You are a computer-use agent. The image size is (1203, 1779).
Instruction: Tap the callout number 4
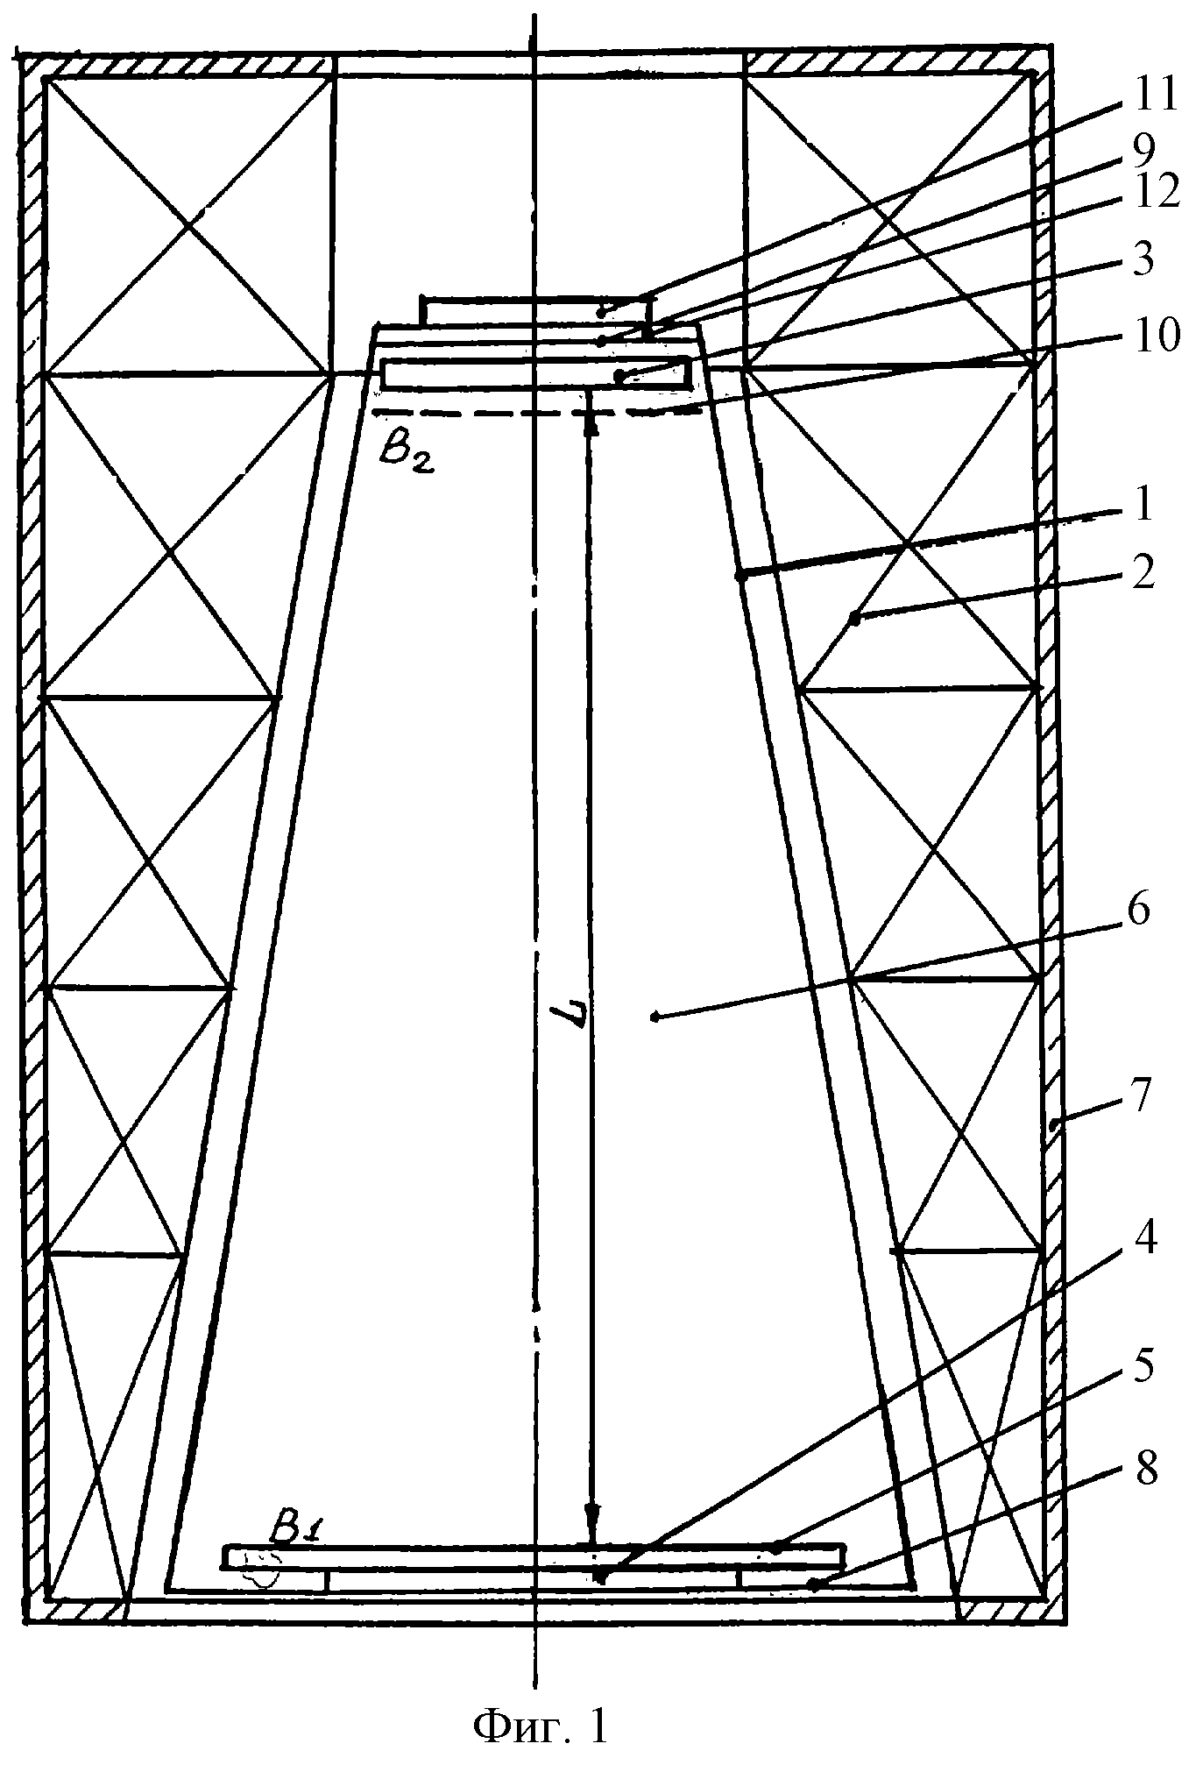1143,1239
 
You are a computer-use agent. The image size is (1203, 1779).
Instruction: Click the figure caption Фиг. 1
540,1726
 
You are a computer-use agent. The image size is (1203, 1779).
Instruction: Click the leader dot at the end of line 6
655,1017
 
